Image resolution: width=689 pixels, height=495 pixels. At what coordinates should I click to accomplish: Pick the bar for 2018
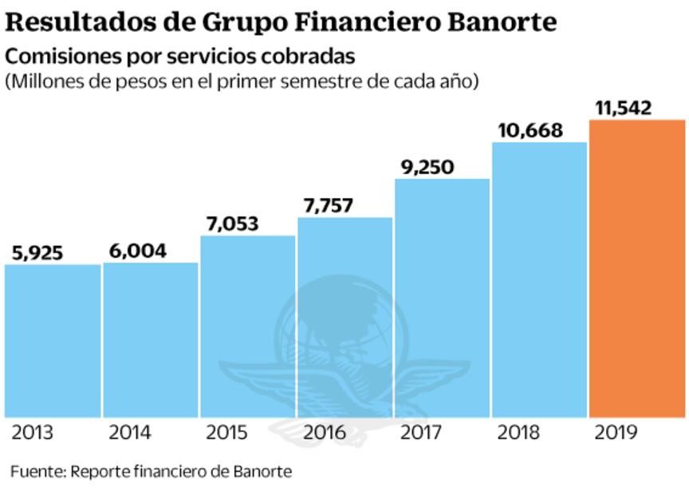(x=539, y=279)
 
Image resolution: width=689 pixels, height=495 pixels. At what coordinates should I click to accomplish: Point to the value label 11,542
(x=624, y=108)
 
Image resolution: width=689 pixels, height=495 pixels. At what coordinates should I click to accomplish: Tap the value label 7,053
(x=231, y=224)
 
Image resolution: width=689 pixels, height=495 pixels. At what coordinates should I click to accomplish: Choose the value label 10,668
(x=530, y=130)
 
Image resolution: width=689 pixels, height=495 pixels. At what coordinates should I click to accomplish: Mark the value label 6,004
(x=137, y=251)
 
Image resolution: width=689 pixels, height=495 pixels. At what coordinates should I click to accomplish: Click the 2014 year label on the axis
(x=130, y=434)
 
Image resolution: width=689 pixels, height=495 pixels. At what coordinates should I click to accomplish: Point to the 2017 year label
(x=422, y=434)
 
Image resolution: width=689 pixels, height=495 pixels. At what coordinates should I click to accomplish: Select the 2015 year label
(x=227, y=434)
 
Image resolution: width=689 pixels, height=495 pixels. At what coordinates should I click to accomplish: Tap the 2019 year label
(x=616, y=434)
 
